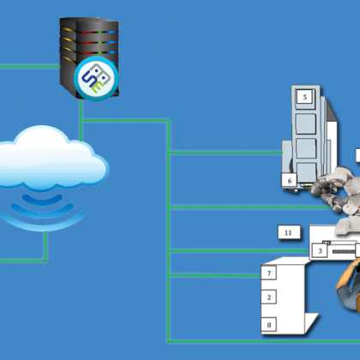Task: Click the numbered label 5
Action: pyautogui.click(x=305, y=97)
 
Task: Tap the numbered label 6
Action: pyautogui.click(x=289, y=180)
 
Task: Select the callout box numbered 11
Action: pyautogui.click(x=289, y=232)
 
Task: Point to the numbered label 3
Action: pyautogui.click(x=320, y=250)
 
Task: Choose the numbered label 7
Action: pyautogui.click(x=269, y=273)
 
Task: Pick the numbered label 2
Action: pyautogui.click(x=269, y=297)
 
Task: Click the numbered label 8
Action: pyautogui.click(x=269, y=325)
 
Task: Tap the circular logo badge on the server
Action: pyautogui.click(x=96, y=79)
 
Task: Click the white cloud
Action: pyautogui.click(x=50, y=158)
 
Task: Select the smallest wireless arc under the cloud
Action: pyautogui.click(x=42, y=201)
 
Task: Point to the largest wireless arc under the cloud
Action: pyautogui.click(x=42, y=225)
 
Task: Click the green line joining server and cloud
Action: pyautogui.click(x=81, y=121)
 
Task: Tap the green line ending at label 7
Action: pyautogui.click(x=214, y=275)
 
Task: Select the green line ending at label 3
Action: pyautogui.click(x=238, y=251)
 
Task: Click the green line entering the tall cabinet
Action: pyautogui.click(x=225, y=153)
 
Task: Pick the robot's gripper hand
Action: pyautogui.click(x=320, y=189)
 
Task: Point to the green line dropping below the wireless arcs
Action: pyautogui.click(x=45, y=246)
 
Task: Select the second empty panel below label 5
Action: pyautogui.click(x=306, y=148)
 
